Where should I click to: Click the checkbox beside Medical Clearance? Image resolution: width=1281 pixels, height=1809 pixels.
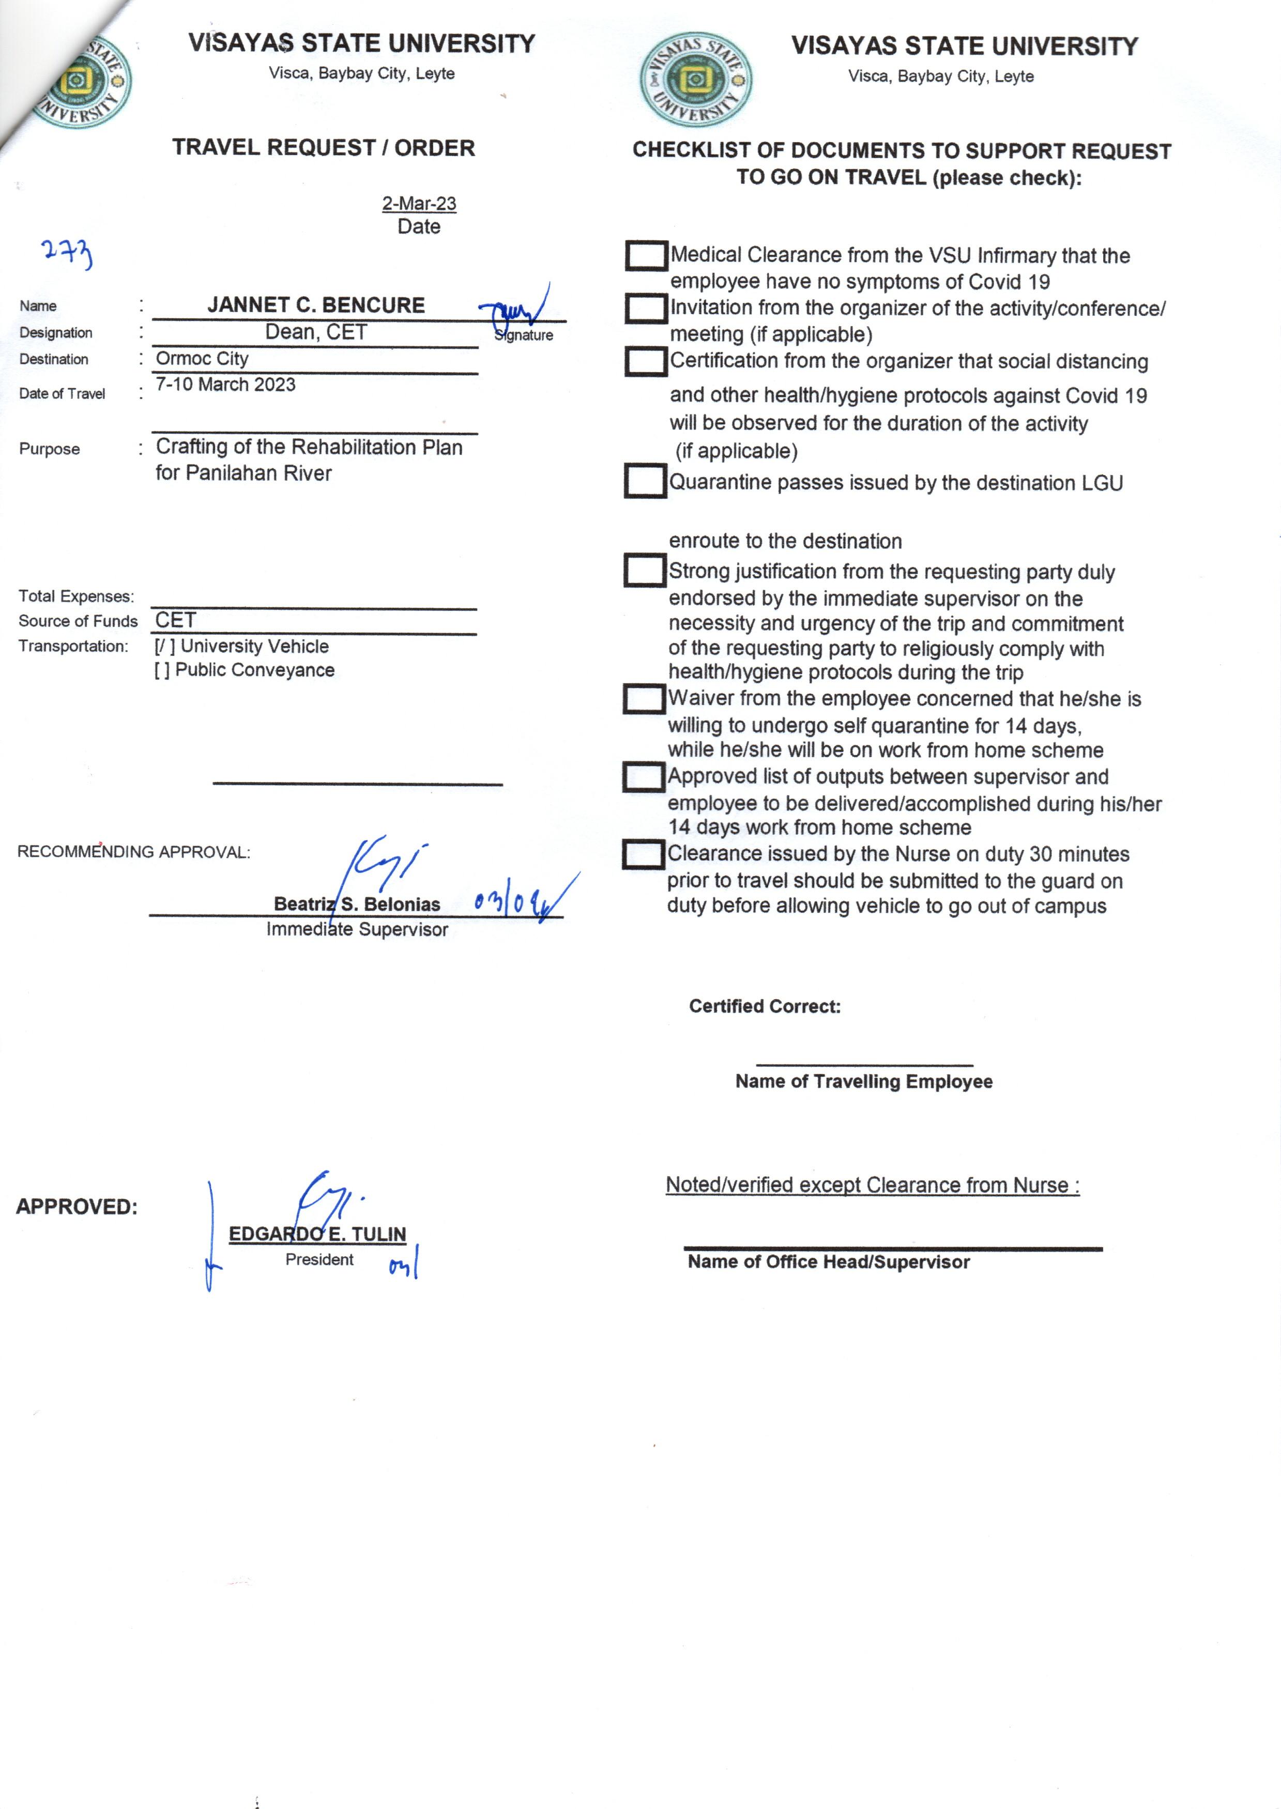[x=646, y=255]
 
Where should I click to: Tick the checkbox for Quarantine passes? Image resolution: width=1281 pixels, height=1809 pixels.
[x=645, y=481]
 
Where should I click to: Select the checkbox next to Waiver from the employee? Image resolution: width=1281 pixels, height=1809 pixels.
[x=644, y=699]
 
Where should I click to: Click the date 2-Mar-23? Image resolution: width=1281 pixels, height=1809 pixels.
[x=419, y=204]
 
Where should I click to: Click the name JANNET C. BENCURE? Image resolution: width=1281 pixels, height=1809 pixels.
[x=315, y=305]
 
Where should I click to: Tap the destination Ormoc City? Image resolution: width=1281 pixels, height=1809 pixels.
[x=202, y=359]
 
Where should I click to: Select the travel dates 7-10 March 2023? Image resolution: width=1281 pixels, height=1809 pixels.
[x=225, y=385]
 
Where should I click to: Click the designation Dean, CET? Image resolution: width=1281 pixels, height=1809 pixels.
[x=315, y=332]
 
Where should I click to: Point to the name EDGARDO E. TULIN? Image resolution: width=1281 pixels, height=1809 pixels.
[x=317, y=1234]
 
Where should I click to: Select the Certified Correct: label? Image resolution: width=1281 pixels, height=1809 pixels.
[x=765, y=1006]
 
